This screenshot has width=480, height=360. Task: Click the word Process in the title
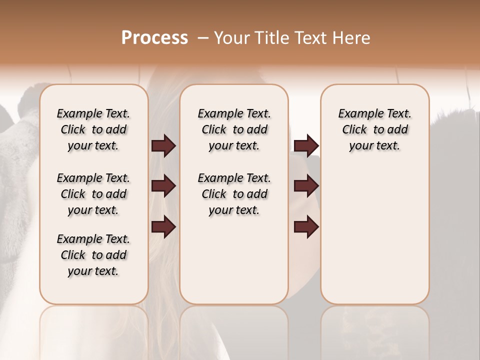pyautogui.click(x=154, y=38)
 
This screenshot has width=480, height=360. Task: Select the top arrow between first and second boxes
pyautogui.click(x=163, y=146)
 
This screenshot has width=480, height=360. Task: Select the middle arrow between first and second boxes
pyautogui.click(x=163, y=186)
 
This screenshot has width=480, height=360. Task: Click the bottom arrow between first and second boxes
pyautogui.click(x=163, y=227)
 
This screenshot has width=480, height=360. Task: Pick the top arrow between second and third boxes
pyautogui.click(x=306, y=146)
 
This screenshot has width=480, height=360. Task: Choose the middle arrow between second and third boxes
pyautogui.click(x=306, y=186)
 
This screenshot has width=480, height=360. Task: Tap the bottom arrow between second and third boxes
pyautogui.click(x=306, y=227)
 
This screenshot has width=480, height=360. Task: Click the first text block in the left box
pyautogui.click(x=93, y=129)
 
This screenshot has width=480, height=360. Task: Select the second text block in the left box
pyautogui.click(x=93, y=194)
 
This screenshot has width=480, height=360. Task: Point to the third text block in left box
pyautogui.click(x=93, y=255)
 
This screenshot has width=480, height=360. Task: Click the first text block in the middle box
pyautogui.click(x=234, y=129)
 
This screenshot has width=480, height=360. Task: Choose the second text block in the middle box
pyautogui.click(x=234, y=194)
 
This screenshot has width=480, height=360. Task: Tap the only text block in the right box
pyautogui.click(x=375, y=129)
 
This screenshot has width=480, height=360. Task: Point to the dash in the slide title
pyautogui.click(x=203, y=38)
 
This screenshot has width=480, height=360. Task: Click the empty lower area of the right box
pyautogui.click(x=375, y=240)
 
